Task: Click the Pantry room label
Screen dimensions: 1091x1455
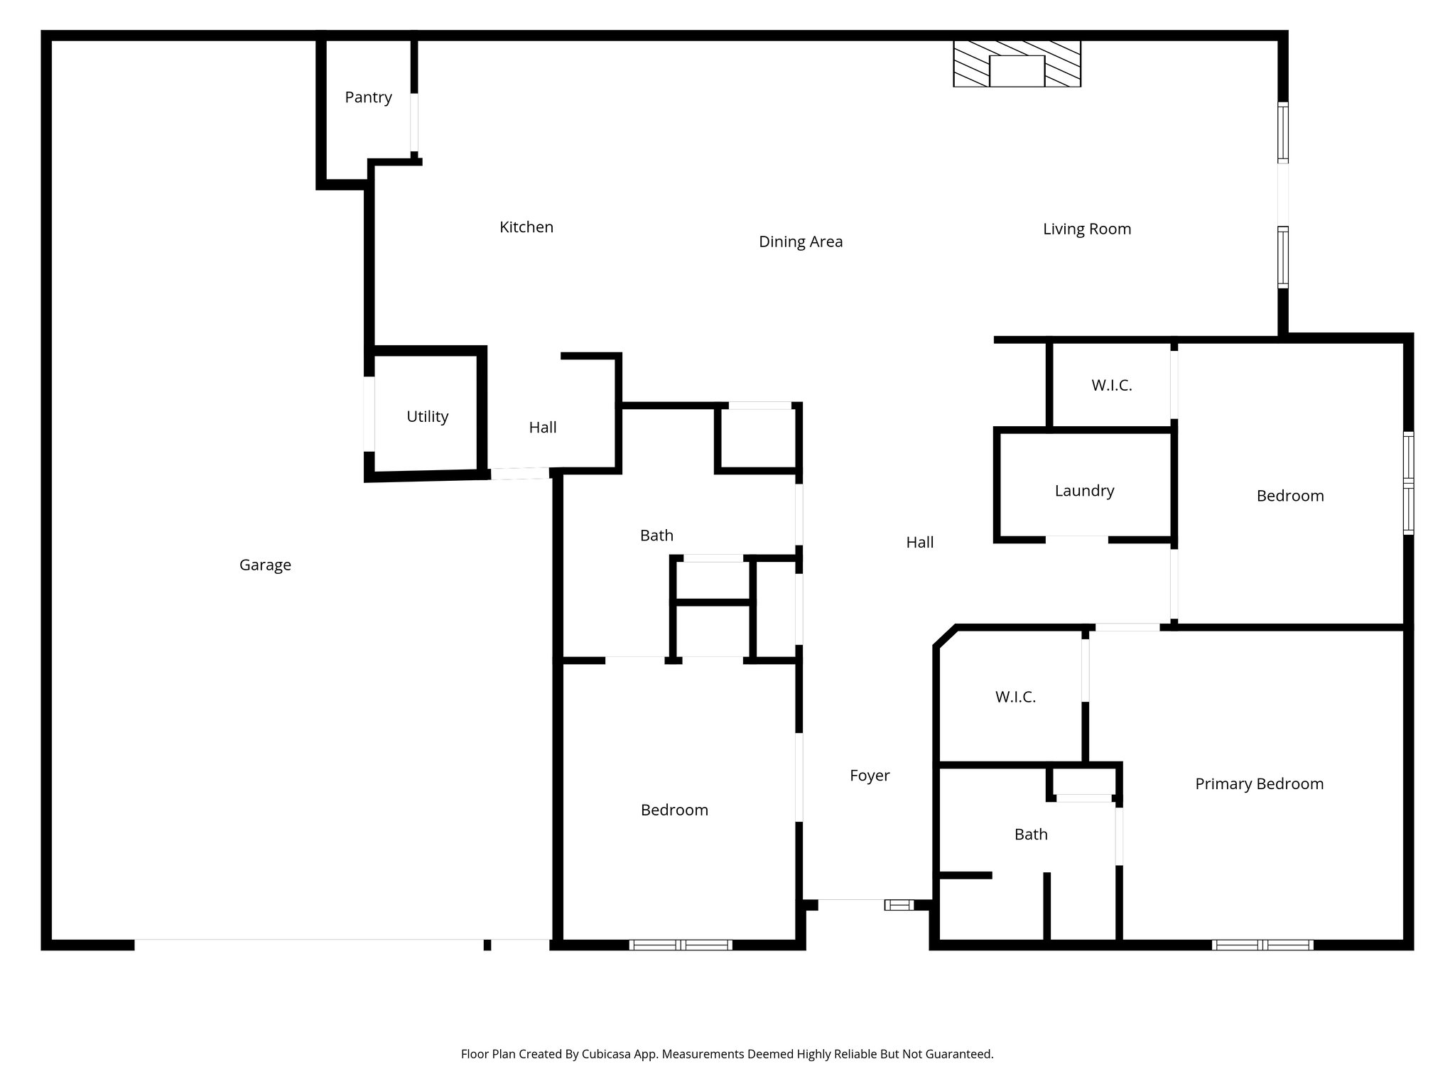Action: [368, 97]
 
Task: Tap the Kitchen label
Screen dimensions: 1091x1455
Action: [526, 227]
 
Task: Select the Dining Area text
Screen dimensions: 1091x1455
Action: [801, 241]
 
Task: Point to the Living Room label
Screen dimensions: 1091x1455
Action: [1086, 229]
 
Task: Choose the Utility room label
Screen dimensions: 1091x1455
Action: [427, 416]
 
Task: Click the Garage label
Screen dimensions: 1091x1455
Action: [265, 565]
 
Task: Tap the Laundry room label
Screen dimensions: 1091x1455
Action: [1084, 490]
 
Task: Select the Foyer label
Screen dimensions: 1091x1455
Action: [870, 775]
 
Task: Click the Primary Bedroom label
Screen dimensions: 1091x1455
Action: [1259, 783]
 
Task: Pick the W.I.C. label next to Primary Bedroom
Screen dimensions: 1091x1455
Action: [1015, 697]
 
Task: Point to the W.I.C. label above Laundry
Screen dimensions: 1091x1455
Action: [1111, 385]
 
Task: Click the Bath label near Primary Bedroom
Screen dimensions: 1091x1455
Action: [1031, 834]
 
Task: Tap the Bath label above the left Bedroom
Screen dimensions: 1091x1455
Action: [656, 535]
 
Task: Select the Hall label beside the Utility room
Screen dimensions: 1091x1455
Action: [543, 427]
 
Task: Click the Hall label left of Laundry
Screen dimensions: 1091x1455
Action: [919, 542]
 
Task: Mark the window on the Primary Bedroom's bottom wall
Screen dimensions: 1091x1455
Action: [1262, 945]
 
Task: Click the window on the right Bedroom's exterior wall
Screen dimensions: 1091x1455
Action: [1408, 483]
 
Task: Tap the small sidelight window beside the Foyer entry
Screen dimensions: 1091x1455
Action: [899, 904]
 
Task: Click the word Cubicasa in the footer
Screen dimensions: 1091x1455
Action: [609, 1054]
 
